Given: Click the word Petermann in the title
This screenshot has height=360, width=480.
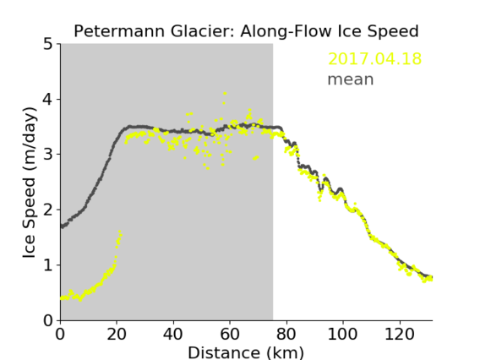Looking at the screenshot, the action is (x=120, y=31).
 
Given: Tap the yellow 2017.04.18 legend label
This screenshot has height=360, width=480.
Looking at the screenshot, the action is (x=374, y=59).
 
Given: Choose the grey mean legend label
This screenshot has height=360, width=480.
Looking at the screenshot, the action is (x=351, y=79).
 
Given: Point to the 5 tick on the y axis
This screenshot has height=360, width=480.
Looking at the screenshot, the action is (x=48, y=45).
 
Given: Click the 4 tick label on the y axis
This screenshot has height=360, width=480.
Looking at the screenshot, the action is (x=48, y=100).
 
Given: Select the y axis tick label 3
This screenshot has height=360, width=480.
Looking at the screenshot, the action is (x=48, y=155).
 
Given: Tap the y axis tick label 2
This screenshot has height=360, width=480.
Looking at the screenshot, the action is (x=48, y=210).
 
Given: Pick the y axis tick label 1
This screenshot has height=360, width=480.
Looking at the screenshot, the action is (x=48, y=265).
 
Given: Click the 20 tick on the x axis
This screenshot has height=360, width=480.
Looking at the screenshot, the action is (x=117, y=334).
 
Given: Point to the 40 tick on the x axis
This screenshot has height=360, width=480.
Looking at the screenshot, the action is (x=173, y=334).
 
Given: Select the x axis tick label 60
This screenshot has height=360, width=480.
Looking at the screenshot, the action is (x=230, y=334).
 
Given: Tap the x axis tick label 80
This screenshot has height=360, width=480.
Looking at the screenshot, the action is (x=286, y=334).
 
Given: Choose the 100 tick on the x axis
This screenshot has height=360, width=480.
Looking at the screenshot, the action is (x=342, y=334).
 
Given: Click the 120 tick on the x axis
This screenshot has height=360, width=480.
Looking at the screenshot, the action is (x=399, y=334).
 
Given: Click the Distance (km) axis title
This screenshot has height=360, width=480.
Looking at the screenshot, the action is (x=246, y=352).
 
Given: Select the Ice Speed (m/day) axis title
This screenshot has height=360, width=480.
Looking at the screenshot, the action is (x=30, y=183).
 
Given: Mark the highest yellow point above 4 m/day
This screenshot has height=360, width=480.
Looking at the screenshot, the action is (x=225, y=93).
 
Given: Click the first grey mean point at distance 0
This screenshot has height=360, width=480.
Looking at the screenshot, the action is (x=62, y=226).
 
